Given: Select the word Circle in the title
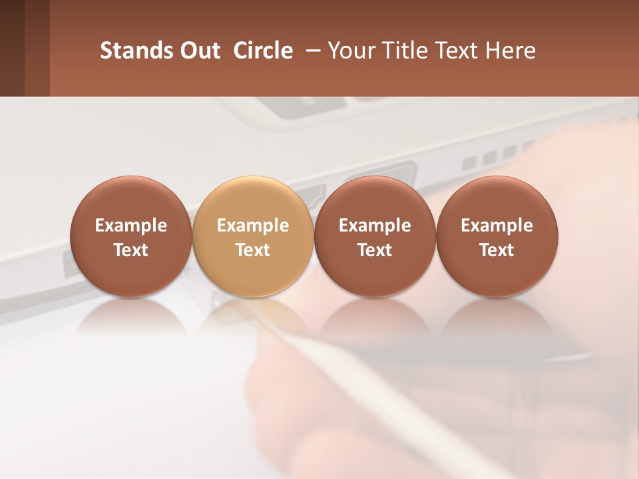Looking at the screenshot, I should pyautogui.click(x=263, y=51).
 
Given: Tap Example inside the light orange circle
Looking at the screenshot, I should pyautogui.click(x=253, y=226).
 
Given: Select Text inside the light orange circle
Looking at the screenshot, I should pyautogui.click(x=253, y=250).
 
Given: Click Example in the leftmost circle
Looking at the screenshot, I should pyautogui.click(x=131, y=226).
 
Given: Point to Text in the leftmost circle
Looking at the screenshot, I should pyautogui.click(x=131, y=250).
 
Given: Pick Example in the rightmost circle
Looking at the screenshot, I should pyautogui.click(x=497, y=226).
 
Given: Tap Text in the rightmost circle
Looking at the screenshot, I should pyautogui.click(x=497, y=250).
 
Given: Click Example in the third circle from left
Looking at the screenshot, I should pyautogui.click(x=375, y=226).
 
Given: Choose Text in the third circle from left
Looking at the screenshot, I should pyautogui.click(x=375, y=250).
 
